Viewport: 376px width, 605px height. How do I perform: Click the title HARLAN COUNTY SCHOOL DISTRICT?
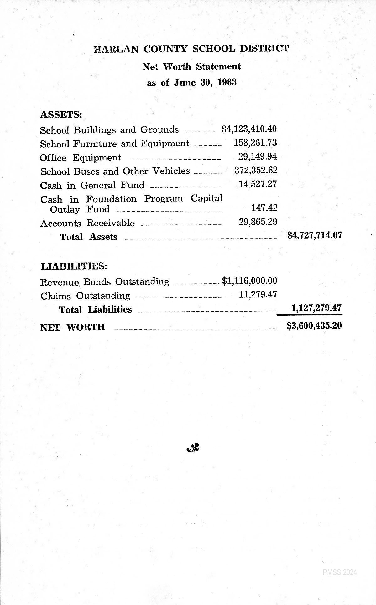point(191,49)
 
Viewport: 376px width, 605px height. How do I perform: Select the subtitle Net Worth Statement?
point(191,66)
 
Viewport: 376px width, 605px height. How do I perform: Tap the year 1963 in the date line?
point(227,82)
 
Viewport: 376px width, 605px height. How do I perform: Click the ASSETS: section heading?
point(61,114)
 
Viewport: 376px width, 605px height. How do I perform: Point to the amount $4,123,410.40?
point(249,129)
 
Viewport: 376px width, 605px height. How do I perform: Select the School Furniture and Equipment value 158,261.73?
point(255,143)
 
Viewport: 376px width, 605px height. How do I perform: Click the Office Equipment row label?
point(80,158)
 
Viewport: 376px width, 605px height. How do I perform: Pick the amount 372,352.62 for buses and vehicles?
point(256,170)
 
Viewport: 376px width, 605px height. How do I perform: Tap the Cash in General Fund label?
point(92,185)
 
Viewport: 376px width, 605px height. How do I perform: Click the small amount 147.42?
point(264,208)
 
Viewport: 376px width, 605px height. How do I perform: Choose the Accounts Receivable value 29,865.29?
point(258,222)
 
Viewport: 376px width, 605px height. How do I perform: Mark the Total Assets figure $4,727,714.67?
point(314,235)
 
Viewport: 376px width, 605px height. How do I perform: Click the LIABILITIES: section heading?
point(74,266)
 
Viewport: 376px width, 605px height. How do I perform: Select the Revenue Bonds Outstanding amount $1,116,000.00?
point(249,281)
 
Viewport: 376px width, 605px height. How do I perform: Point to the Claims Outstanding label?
point(85,296)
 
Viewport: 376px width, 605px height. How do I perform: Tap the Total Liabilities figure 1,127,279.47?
point(316,308)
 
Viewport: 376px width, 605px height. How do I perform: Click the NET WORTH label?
point(73,327)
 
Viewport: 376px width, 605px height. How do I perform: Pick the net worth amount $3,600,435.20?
point(314,326)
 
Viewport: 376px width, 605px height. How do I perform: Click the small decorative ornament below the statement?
point(193,449)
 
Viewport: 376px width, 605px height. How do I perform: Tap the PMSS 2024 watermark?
point(340,572)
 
